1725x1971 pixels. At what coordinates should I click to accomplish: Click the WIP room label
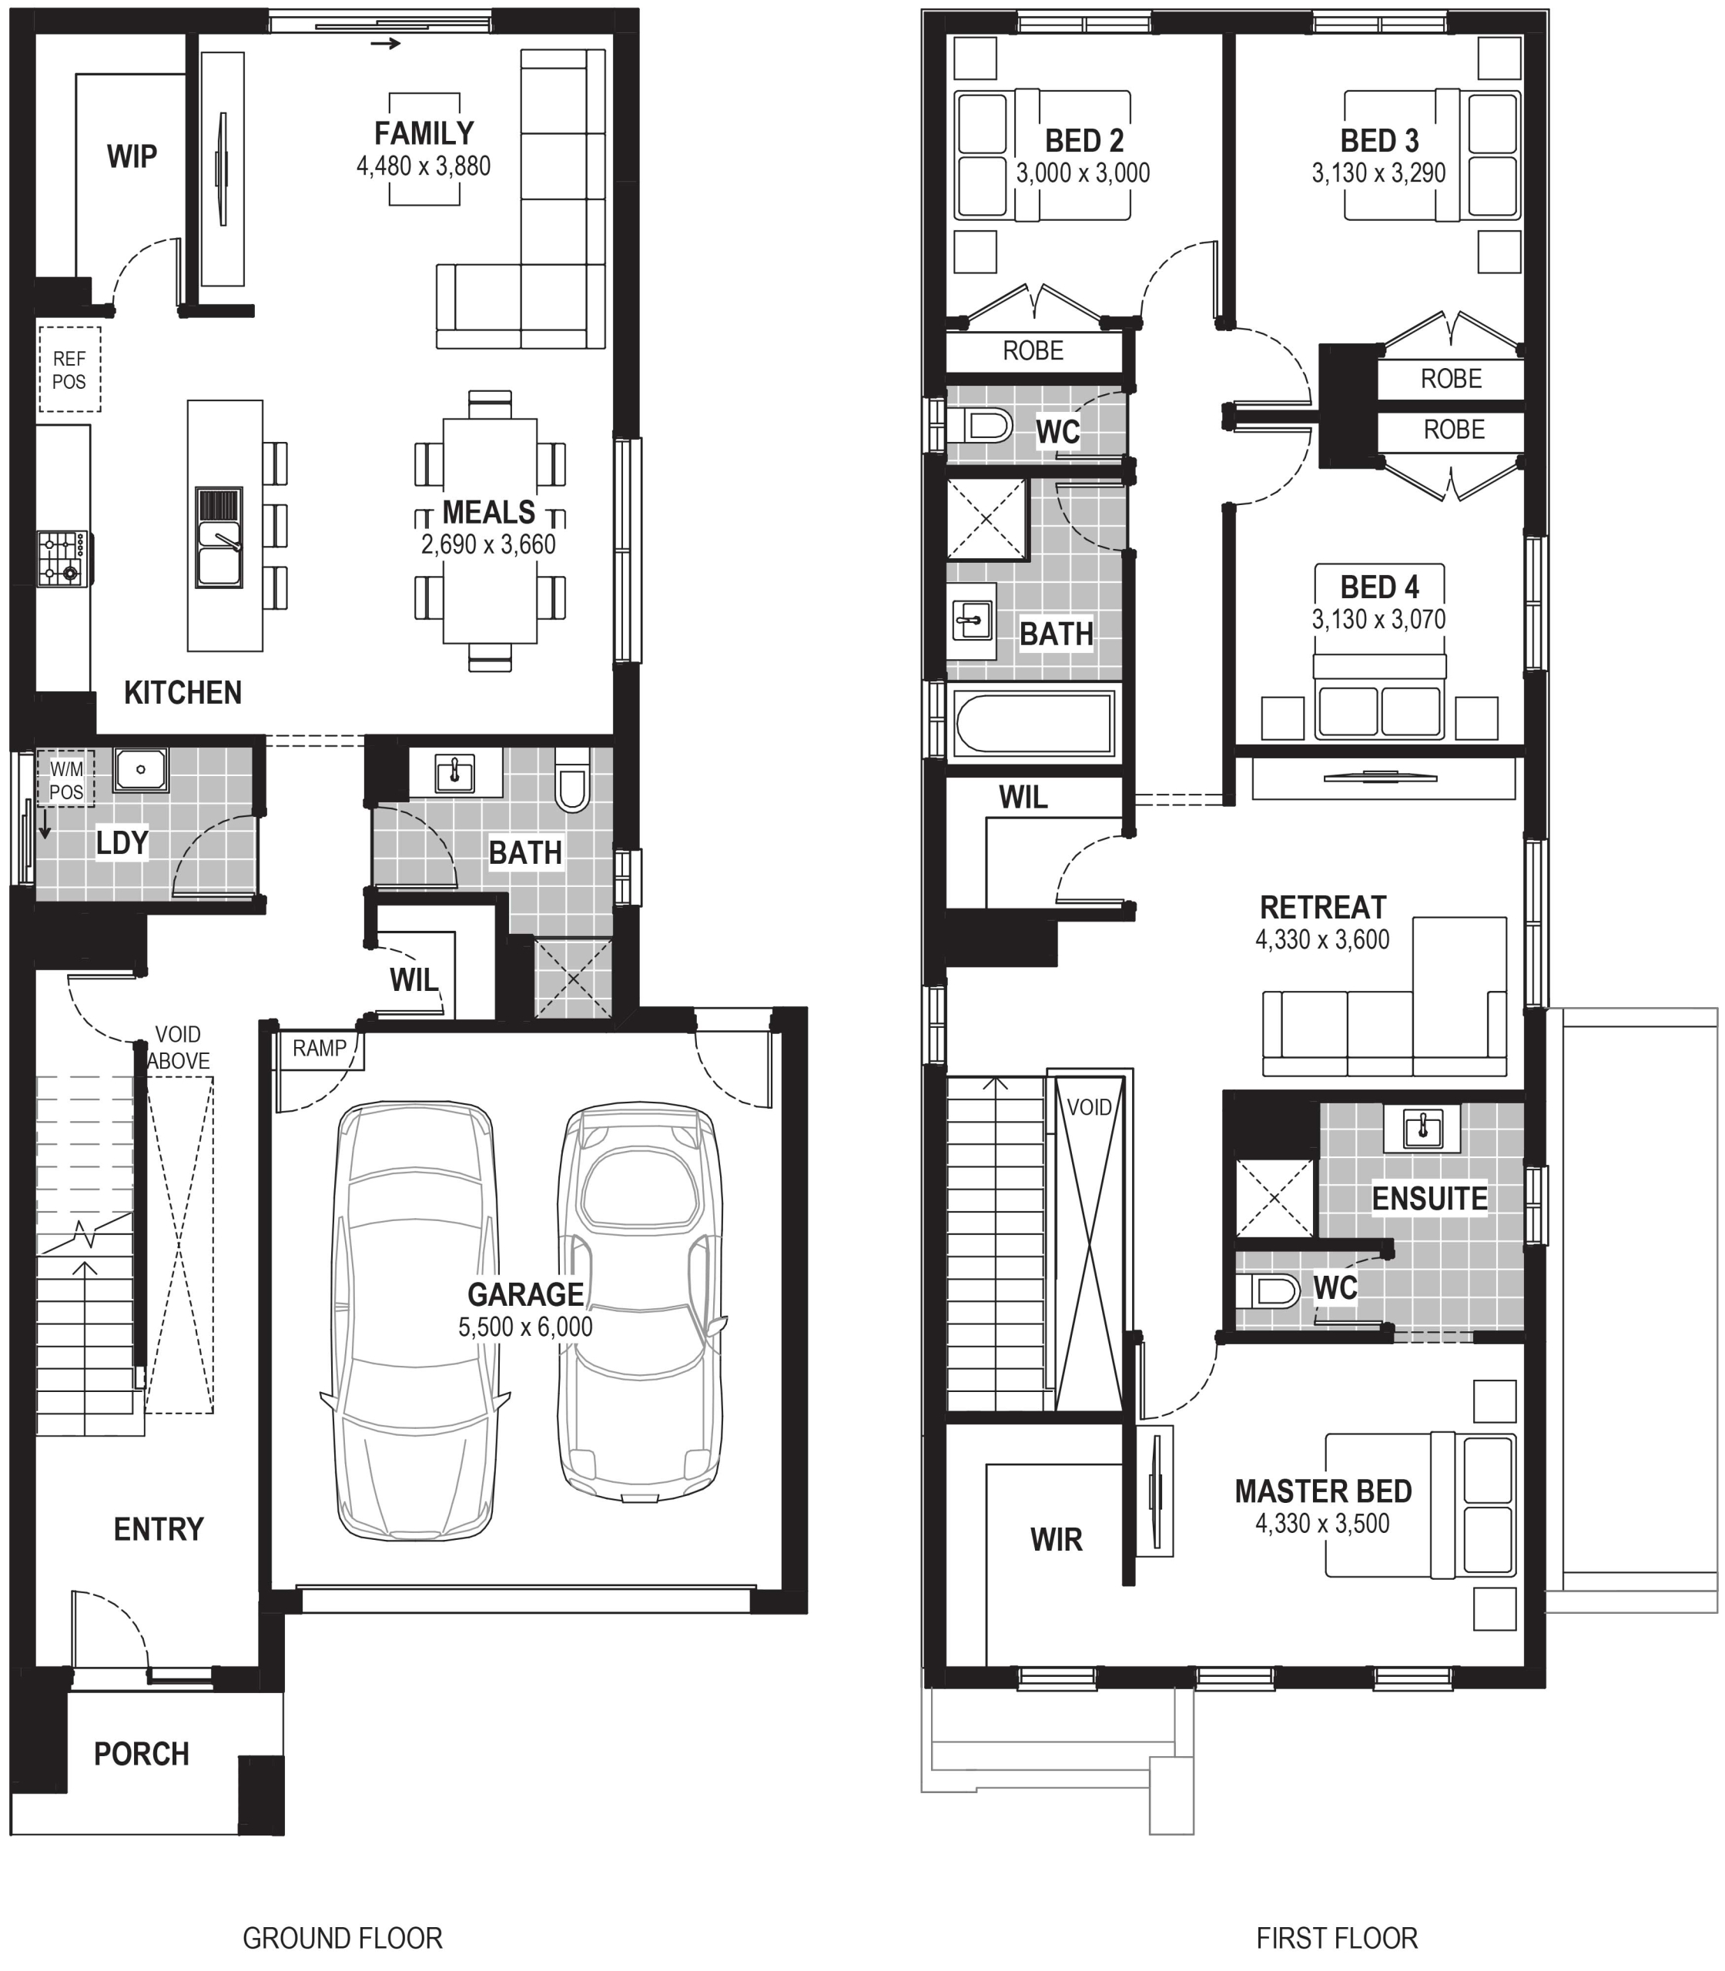point(132,156)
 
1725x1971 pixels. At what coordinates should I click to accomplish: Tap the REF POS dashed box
point(69,370)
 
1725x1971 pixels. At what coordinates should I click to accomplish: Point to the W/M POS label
point(66,781)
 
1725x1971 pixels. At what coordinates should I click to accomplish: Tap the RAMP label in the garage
point(320,1048)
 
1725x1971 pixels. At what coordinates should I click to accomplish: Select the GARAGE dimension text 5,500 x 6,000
point(525,1326)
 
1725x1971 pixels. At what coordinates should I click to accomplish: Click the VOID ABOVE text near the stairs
point(178,1047)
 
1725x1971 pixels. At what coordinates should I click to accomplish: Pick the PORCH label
point(142,1754)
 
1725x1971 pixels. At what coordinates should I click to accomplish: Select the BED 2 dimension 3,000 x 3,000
point(1084,173)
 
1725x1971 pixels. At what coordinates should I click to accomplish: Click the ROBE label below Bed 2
point(1033,350)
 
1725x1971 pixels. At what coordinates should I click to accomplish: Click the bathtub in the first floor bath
point(1033,723)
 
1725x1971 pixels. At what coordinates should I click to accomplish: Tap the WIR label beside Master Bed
point(1056,1540)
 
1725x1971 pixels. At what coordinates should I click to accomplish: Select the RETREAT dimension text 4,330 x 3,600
point(1323,939)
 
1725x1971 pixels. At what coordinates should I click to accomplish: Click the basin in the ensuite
point(1423,1127)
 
